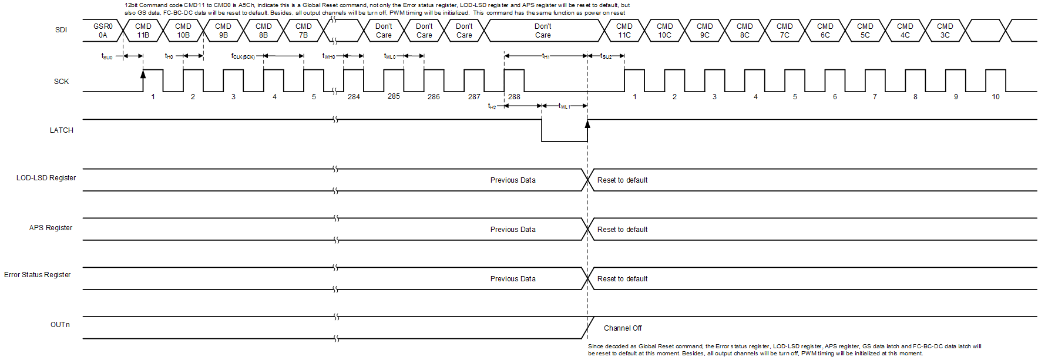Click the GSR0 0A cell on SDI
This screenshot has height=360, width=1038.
pos(103,31)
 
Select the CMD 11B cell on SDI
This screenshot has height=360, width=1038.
pos(143,31)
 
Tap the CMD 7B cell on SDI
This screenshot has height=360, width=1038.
pos(303,31)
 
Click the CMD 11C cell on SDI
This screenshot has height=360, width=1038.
pos(624,31)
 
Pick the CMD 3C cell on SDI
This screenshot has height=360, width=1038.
pos(945,31)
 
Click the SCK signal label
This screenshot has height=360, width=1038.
pos(61,82)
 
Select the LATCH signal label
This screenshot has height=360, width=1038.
pos(61,130)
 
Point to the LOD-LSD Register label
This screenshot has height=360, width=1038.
pos(46,178)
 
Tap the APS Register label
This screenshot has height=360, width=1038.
pos(51,228)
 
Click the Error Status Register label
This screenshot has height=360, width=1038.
pos(37,275)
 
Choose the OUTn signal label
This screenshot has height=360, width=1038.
pos(60,325)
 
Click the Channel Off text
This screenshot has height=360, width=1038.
pos(623,328)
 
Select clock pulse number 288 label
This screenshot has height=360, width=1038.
pos(514,97)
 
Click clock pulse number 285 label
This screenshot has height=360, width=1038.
pos(394,96)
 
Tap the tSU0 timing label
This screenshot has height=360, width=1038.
pos(107,56)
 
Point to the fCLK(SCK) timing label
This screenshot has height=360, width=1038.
pos(243,56)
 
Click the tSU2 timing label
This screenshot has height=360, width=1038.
pos(606,56)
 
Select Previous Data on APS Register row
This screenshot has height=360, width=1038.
pos(513,230)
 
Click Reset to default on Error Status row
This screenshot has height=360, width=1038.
pos(622,279)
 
